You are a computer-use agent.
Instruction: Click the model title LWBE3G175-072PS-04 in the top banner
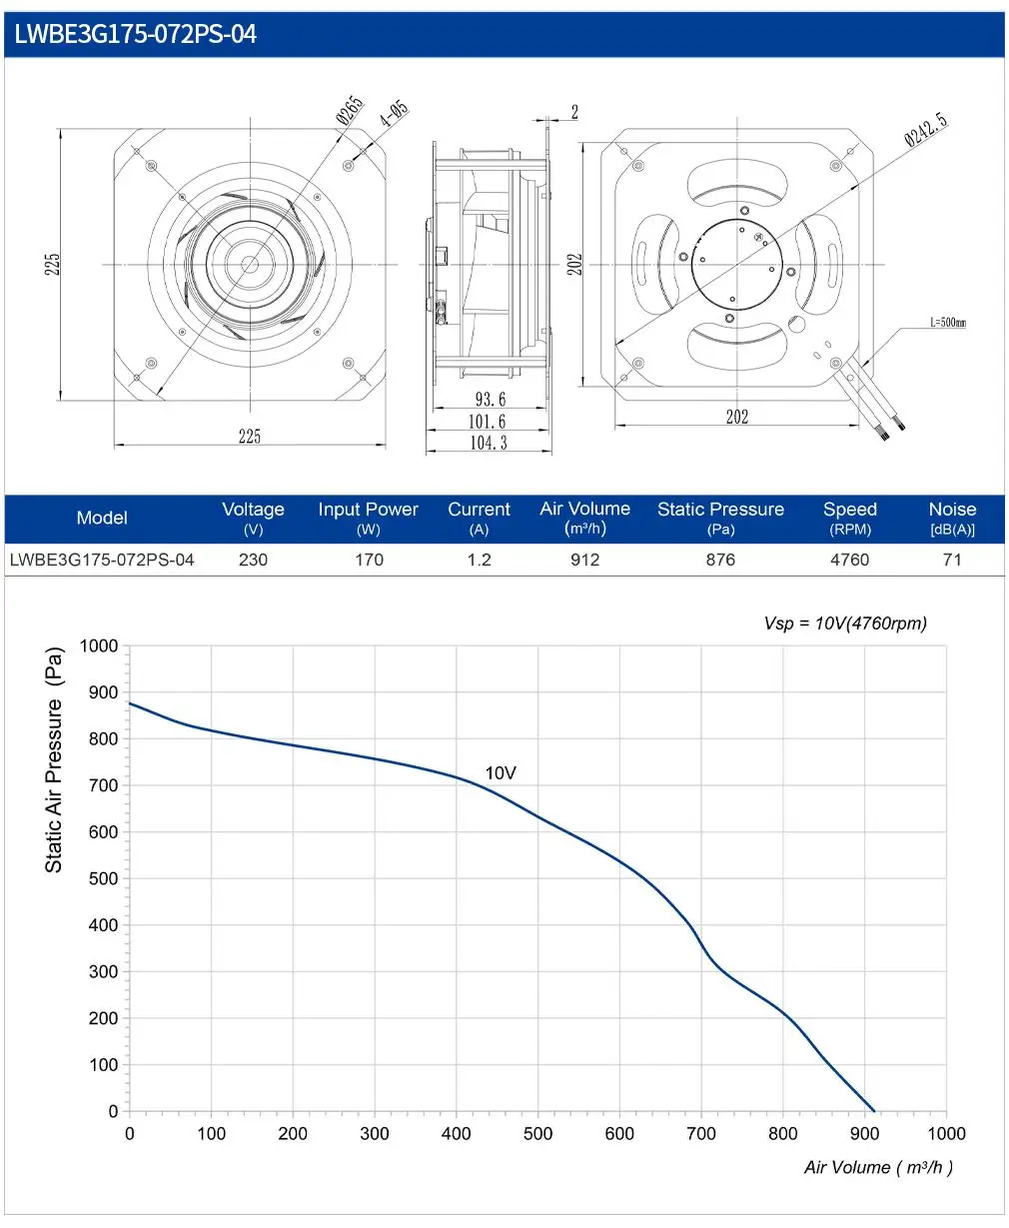(x=135, y=34)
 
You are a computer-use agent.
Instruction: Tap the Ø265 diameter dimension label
(x=350, y=110)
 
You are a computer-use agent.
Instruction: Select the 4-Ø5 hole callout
(x=395, y=114)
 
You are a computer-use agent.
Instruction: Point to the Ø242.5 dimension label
(x=926, y=129)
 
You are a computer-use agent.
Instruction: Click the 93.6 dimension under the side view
(x=491, y=399)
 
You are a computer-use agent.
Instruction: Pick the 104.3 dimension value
(x=489, y=443)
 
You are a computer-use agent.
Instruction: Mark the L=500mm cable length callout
(x=948, y=322)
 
